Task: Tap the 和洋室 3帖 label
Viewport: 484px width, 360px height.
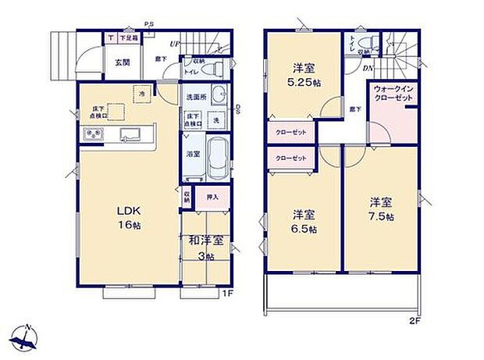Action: pos(206,247)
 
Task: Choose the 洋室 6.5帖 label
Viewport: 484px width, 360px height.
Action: pos(304,221)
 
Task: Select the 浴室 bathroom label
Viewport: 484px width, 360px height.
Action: pos(193,154)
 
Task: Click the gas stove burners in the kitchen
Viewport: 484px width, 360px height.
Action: pos(92,136)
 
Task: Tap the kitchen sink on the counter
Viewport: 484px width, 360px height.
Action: pos(129,135)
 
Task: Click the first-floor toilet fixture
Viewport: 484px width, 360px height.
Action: pos(215,69)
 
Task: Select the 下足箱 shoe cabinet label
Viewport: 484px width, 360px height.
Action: pos(128,37)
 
